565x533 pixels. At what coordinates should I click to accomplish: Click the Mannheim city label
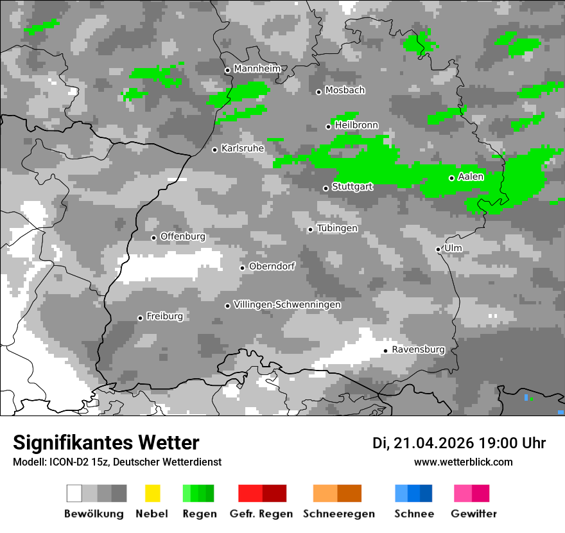click(x=257, y=69)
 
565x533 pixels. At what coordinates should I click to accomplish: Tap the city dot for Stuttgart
click(x=326, y=188)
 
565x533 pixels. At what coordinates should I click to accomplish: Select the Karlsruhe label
click(x=243, y=148)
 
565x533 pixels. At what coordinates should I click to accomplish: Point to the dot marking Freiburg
click(x=140, y=318)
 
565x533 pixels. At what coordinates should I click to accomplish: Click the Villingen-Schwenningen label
click(x=287, y=304)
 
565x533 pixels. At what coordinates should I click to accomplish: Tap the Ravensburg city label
click(x=418, y=349)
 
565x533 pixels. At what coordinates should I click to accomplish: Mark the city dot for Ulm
click(x=439, y=249)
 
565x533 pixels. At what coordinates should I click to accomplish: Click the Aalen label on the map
click(x=471, y=177)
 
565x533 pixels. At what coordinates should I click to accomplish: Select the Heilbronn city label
click(x=356, y=125)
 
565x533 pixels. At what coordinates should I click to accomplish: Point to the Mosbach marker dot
click(x=318, y=92)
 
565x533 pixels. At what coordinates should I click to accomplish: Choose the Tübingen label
click(x=337, y=228)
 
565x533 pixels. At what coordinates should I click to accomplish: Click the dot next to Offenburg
click(x=154, y=238)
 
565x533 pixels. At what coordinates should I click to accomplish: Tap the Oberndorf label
click(x=272, y=266)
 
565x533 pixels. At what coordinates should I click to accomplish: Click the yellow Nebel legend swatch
click(x=152, y=493)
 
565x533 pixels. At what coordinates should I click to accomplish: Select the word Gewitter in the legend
click(x=474, y=514)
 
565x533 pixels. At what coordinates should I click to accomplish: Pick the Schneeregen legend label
click(x=340, y=514)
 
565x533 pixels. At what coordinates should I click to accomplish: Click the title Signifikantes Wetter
click(x=106, y=442)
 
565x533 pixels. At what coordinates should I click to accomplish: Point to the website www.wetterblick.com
click(x=464, y=462)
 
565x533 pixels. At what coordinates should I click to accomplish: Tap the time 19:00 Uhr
click(x=512, y=443)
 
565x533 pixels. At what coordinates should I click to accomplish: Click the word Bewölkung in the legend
click(x=94, y=514)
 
